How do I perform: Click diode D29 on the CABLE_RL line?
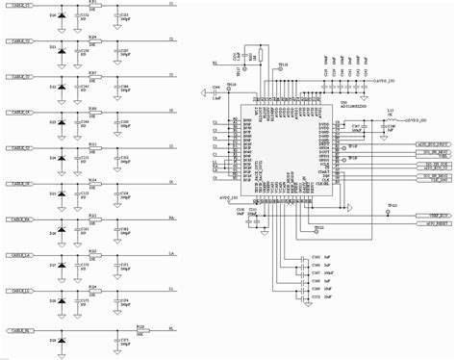tap(62, 342)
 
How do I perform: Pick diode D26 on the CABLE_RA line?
tap(62, 232)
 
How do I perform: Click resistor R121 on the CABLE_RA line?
tap(93, 220)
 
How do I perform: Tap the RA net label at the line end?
tap(171, 220)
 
